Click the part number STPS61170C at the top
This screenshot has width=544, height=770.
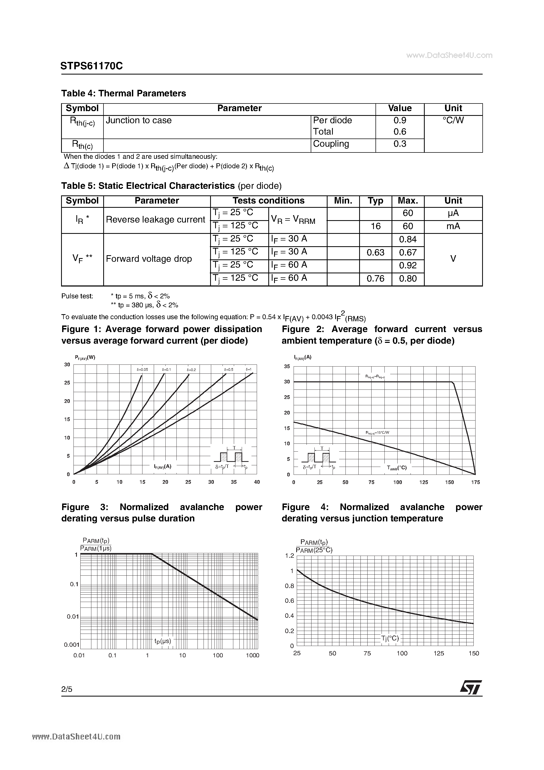[x=92, y=66]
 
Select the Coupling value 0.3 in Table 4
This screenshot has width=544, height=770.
[x=399, y=144]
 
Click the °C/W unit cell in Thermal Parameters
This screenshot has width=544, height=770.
[x=453, y=120]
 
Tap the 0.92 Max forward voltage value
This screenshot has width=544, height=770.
[x=408, y=266]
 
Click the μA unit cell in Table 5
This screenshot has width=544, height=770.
[x=453, y=213]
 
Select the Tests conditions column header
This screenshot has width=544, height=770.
[x=268, y=201]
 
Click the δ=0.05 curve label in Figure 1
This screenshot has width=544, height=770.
[x=142, y=369]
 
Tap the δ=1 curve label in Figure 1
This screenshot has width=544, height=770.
[x=249, y=369]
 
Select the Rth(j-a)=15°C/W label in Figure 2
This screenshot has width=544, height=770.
[x=377, y=433]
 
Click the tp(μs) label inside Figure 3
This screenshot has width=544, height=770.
[x=163, y=641]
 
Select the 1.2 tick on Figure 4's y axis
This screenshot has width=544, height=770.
[x=289, y=556]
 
